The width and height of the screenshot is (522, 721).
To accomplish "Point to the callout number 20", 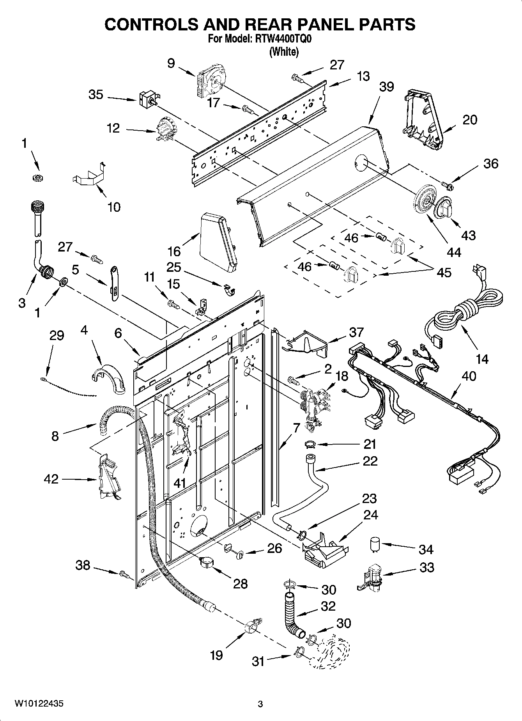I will (x=469, y=120).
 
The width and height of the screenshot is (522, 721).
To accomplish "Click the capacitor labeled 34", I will (x=375, y=544).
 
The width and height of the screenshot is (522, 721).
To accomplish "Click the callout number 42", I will (x=51, y=479).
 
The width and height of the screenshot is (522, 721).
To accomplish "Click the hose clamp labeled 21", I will (x=310, y=444).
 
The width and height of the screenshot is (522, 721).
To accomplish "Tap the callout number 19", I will (x=216, y=655).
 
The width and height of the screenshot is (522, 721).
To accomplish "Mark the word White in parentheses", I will (x=284, y=52).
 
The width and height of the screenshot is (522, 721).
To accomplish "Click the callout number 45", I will (x=444, y=272).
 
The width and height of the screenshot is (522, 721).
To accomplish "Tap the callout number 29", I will (x=57, y=335).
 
